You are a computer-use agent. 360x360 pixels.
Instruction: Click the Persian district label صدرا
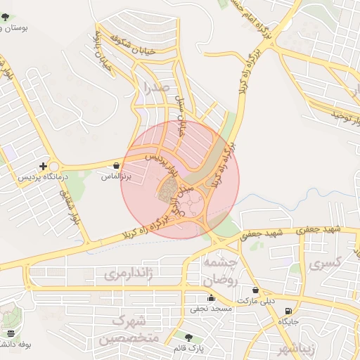pyautogui.click(x=155, y=87)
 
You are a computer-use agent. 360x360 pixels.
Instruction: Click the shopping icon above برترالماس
pyautogui.click(x=115, y=166)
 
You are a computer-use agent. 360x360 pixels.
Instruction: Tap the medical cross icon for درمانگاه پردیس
pyautogui.click(x=44, y=167)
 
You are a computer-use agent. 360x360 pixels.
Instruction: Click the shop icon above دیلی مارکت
pyautogui.click(x=255, y=290)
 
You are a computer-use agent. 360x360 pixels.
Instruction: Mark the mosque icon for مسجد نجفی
pyautogui.click(x=211, y=298)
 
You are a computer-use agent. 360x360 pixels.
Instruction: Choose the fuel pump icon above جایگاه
pyautogui.click(x=288, y=311)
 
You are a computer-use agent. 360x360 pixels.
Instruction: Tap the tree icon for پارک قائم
pyautogui.click(x=188, y=337)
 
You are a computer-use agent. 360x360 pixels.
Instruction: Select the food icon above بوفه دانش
pyautogui.click(x=11, y=333)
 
